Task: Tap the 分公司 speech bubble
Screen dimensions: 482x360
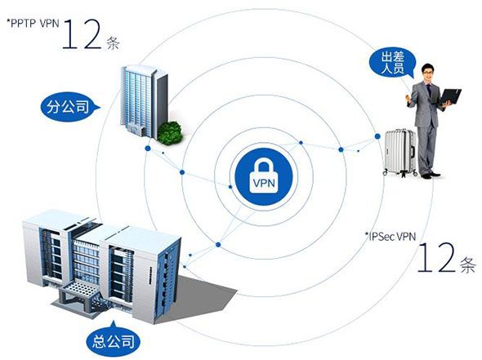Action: (x=70, y=107)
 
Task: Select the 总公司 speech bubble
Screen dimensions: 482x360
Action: (x=114, y=340)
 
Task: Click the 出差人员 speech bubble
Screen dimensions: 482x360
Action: (x=393, y=63)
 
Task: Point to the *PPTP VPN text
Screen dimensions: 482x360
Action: (x=33, y=24)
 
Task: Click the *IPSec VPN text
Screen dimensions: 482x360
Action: (x=390, y=236)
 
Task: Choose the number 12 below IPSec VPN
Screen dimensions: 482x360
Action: (x=436, y=257)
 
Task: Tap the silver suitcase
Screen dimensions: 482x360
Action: (x=399, y=153)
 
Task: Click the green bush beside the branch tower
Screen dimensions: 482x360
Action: (x=169, y=133)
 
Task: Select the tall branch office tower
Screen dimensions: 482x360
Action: (x=144, y=100)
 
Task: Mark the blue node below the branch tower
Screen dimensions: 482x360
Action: (x=148, y=149)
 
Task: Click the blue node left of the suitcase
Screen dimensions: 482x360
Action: (x=377, y=136)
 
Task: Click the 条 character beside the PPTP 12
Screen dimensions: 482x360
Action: (x=113, y=42)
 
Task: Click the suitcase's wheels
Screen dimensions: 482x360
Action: (x=400, y=174)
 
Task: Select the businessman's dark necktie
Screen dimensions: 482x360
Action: (x=428, y=91)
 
